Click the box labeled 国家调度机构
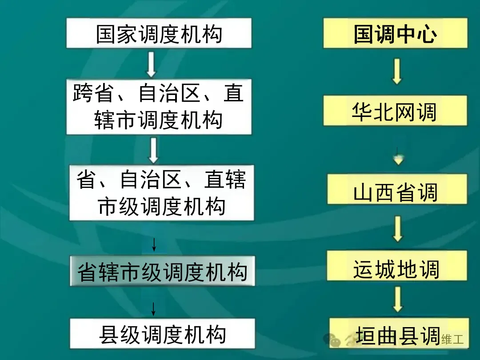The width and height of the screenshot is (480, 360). point(159,33)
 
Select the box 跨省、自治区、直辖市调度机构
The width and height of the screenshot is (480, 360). point(159,107)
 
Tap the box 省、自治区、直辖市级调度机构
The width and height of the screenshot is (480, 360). point(161,192)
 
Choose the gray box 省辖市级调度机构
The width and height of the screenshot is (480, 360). point(162,271)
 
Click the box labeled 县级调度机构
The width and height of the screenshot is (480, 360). point(163,334)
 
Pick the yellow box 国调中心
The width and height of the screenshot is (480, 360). point(395,33)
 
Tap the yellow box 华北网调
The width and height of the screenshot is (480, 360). point(395,111)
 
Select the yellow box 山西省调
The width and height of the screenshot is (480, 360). point(397,189)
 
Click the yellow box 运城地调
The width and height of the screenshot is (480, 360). point(397,266)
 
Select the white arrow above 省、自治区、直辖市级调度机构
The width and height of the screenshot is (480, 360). point(153,150)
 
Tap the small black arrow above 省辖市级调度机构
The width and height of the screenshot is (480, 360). point(154,244)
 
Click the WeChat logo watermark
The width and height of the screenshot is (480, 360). point(332,340)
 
